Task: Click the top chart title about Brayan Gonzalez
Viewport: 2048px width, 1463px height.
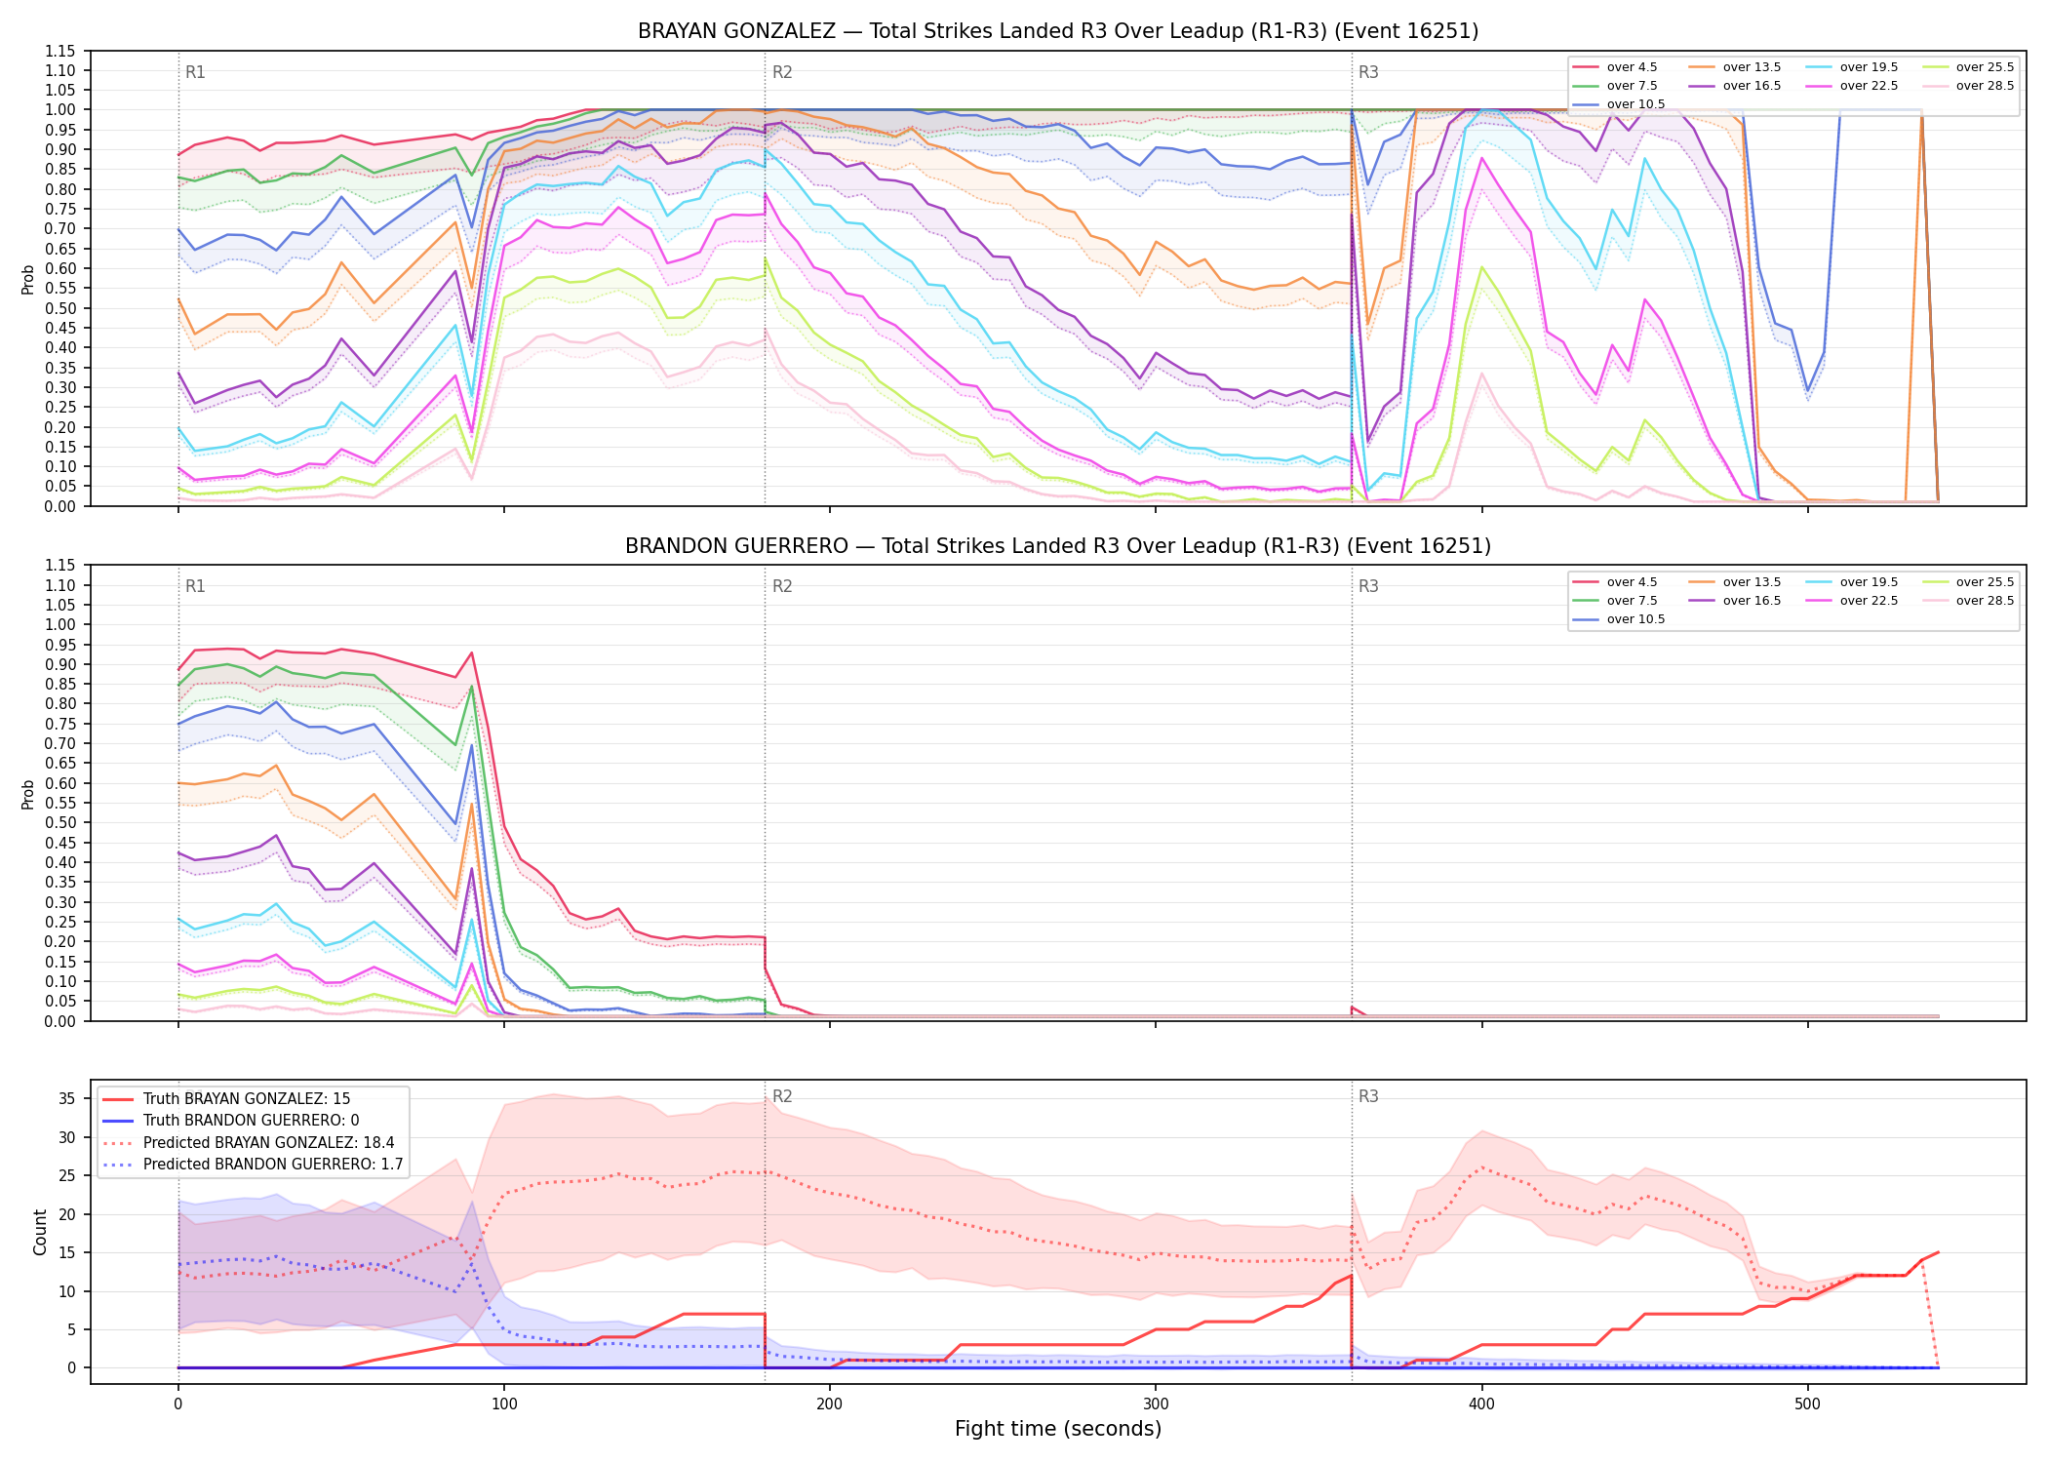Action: click(1058, 31)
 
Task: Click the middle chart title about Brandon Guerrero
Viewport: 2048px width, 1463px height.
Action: click(1058, 546)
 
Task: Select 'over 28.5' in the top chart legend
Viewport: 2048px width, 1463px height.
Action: click(1985, 86)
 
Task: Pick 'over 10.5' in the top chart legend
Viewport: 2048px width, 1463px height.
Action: click(1635, 104)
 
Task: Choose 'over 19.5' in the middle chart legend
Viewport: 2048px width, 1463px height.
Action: click(1869, 582)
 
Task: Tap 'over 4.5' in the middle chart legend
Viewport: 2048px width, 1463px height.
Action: click(1632, 582)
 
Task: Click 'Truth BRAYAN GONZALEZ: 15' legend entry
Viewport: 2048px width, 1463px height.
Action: click(247, 1099)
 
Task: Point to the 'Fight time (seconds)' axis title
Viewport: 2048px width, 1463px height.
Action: click(1058, 1429)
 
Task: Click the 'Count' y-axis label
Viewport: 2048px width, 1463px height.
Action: click(40, 1232)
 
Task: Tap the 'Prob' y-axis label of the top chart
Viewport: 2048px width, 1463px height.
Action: click(28, 280)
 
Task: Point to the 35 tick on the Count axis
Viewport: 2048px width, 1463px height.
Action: click(66, 1098)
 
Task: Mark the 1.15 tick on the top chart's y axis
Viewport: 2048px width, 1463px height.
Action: click(61, 52)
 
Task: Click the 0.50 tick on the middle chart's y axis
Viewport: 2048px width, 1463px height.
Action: click(61, 823)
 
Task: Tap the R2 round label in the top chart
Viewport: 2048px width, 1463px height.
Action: click(782, 72)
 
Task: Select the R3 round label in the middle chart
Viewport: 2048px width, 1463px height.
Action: click(1368, 586)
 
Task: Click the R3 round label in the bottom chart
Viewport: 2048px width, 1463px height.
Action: click(1368, 1096)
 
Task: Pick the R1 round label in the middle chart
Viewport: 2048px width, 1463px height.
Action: click(195, 586)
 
